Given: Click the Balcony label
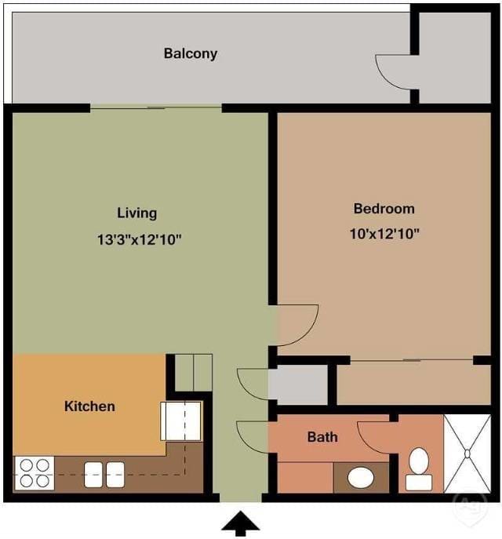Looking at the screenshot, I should [191, 54].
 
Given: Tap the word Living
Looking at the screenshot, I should [137, 213].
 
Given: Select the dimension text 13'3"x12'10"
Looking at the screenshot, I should [140, 239].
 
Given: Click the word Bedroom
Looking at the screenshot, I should [384, 209].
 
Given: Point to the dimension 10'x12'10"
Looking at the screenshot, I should [384, 233].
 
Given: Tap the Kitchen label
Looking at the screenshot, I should [89, 406].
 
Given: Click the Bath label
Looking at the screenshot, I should [322, 436].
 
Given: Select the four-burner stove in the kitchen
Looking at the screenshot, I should [34, 473].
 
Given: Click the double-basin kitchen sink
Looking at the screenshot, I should [104, 474].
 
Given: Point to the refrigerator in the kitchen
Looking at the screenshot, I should [181, 421].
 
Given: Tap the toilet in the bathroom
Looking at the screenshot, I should [419, 469].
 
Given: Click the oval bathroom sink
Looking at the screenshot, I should [360, 476].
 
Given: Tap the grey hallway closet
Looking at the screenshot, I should [298, 385].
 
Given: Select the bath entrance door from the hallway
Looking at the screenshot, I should [252, 436].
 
